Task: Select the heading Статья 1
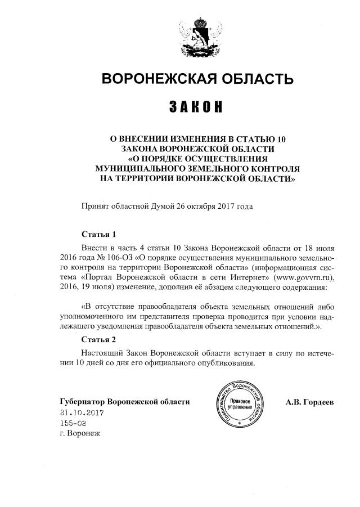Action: point(98,234)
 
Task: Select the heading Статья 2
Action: point(98,340)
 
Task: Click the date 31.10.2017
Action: point(82,412)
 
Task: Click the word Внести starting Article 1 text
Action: point(94,248)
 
